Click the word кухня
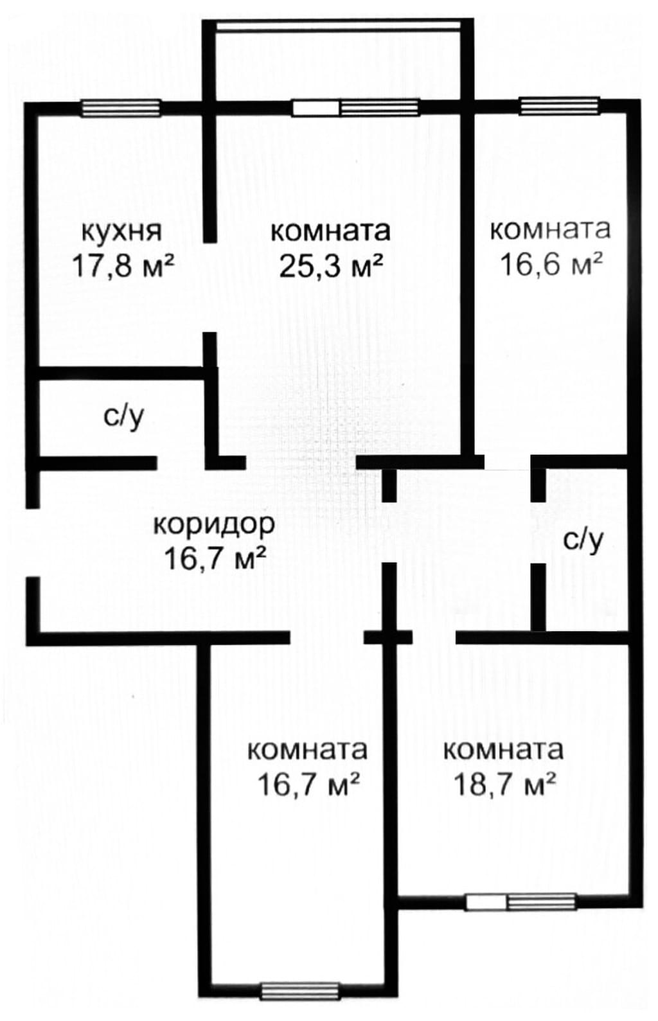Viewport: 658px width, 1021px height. click(121, 232)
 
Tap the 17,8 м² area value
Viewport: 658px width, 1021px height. click(123, 266)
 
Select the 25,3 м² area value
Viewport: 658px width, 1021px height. click(330, 266)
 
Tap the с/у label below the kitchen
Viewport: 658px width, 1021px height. click(123, 416)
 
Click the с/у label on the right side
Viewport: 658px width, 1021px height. click(583, 540)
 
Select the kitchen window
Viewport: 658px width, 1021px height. click(121, 108)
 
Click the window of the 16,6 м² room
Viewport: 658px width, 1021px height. click(559, 106)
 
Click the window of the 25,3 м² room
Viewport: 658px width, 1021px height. click(355, 107)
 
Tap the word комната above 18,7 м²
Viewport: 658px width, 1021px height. click(504, 750)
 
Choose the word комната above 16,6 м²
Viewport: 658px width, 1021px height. click(551, 229)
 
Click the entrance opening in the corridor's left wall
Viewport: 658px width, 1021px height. click(32, 543)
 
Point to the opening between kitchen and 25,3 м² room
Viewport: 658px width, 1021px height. click(209, 287)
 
